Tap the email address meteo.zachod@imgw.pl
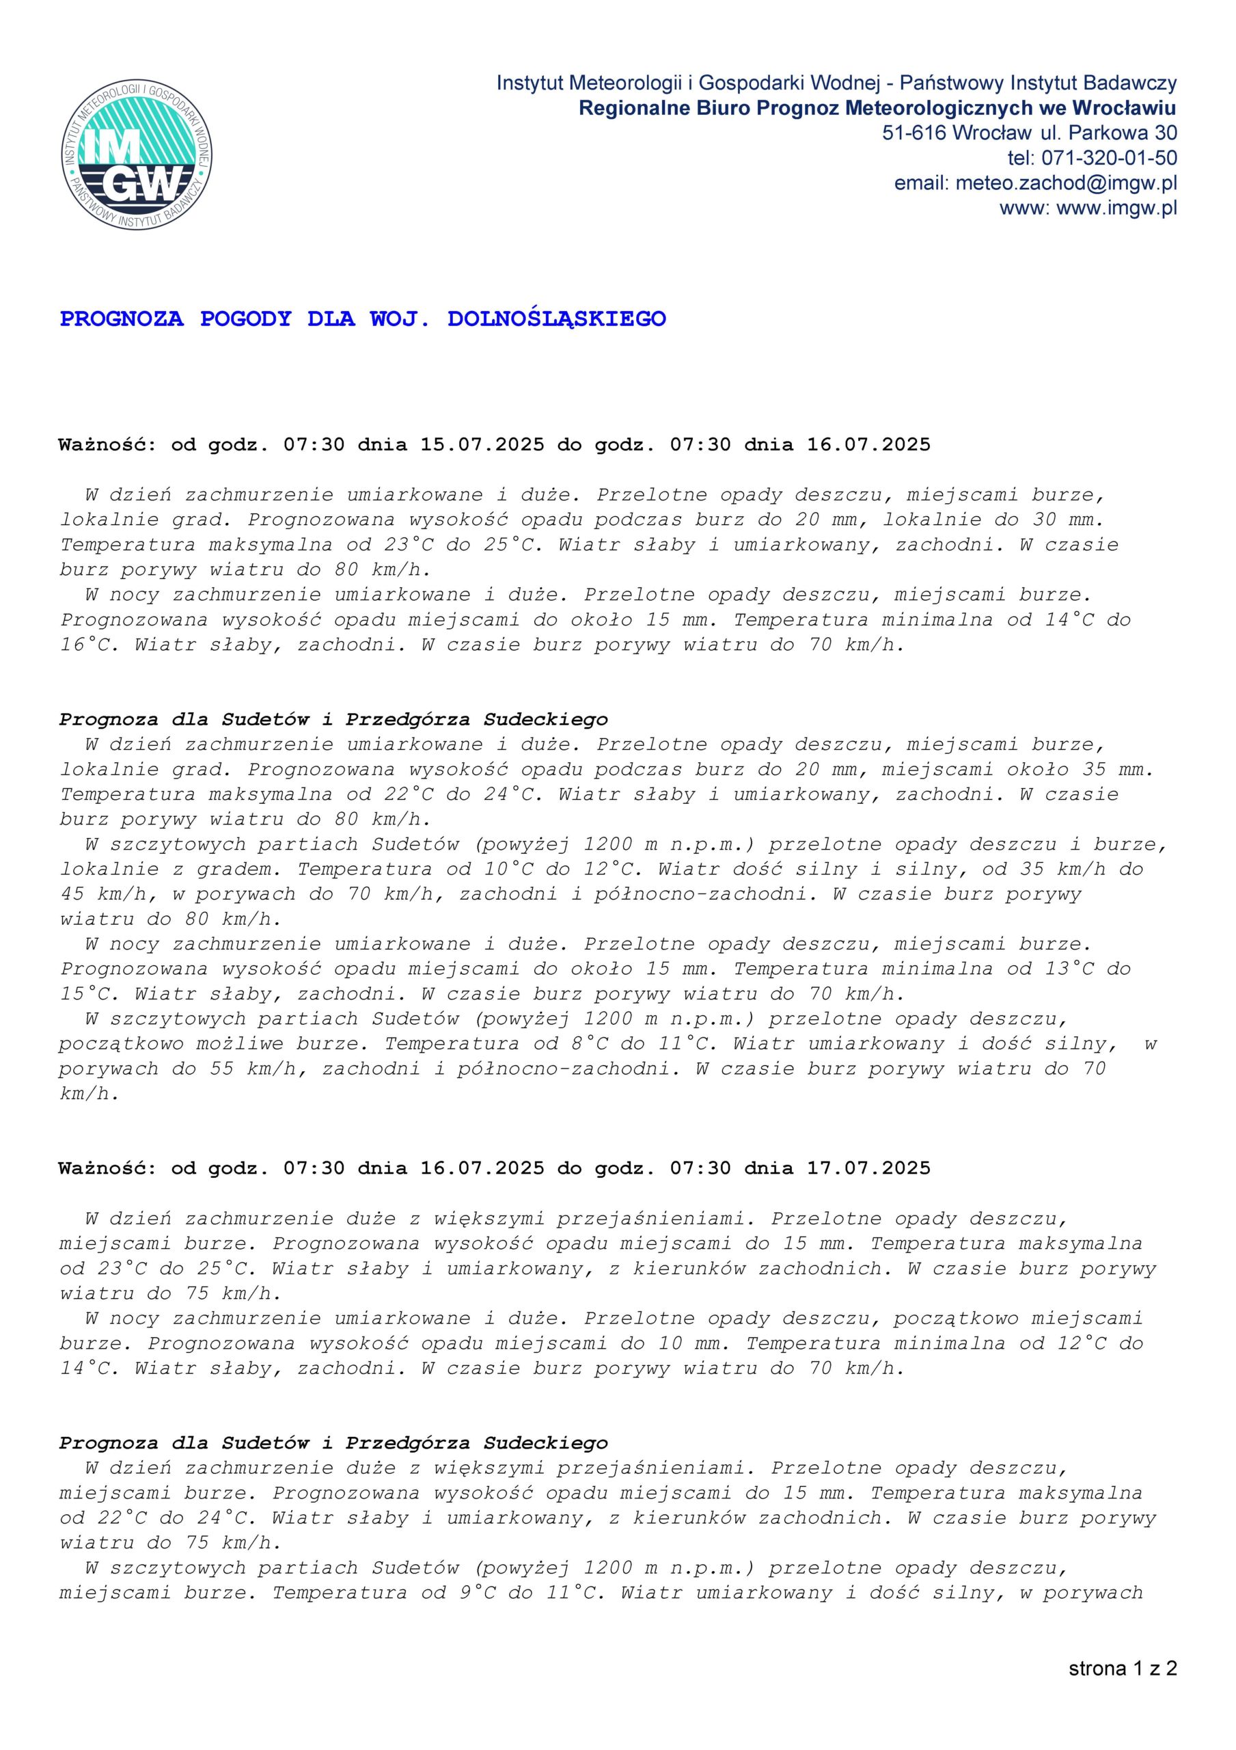click(1066, 184)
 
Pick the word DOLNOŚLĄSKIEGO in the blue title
click(556, 319)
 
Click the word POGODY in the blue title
click(245, 319)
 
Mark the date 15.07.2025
click(482, 444)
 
